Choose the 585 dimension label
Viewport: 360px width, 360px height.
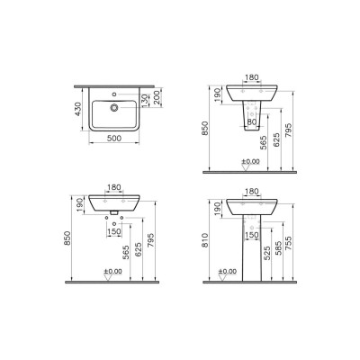point(279,249)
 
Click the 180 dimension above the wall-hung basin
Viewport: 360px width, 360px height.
point(114,187)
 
